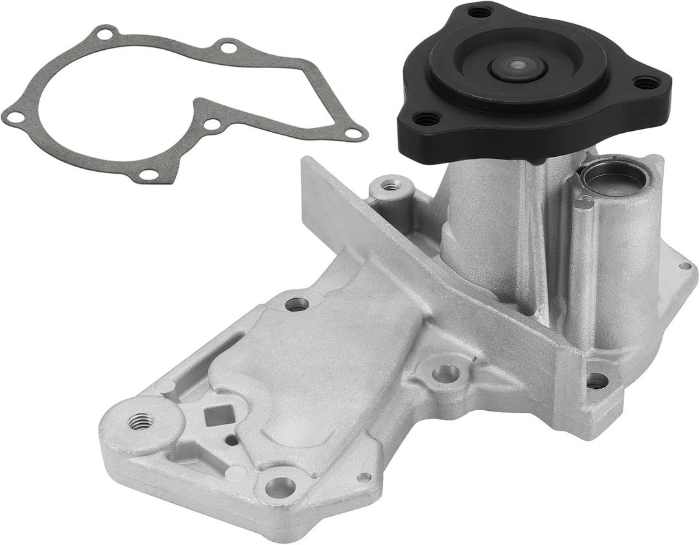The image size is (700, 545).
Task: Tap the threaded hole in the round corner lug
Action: tap(141, 422)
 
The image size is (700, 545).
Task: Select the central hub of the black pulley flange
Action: tap(517, 67)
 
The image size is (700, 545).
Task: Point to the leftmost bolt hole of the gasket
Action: tap(13, 117)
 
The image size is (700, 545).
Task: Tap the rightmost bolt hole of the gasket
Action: tap(354, 133)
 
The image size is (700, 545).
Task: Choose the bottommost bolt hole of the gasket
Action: tap(148, 174)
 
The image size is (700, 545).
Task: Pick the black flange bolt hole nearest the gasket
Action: tap(425, 119)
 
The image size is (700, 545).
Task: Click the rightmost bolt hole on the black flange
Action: tap(646, 83)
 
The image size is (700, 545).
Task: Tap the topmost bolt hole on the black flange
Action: tap(480, 12)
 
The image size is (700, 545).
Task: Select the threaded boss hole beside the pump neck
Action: tap(390, 186)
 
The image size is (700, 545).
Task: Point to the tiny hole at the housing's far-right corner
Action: tap(684, 266)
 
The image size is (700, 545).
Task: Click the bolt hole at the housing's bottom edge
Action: tap(280, 487)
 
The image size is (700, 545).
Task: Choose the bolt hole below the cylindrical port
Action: tap(597, 380)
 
